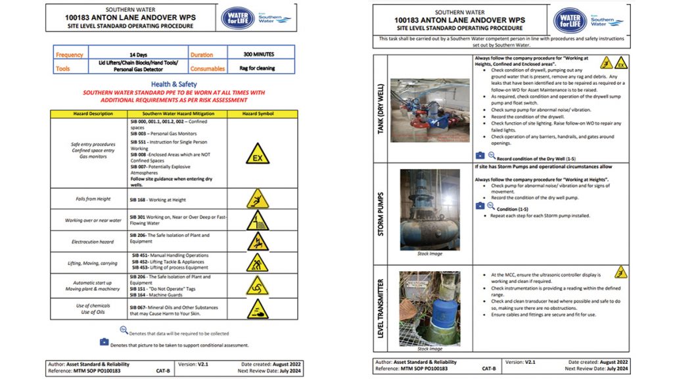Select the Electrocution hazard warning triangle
click(x=257, y=241)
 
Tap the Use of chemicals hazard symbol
click(x=257, y=308)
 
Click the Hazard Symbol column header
click(x=257, y=114)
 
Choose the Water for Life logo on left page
click(x=239, y=18)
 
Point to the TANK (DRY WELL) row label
click(x=381, y=109)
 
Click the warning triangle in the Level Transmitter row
click(x=620, y=272)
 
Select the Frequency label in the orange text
click(x=70, y=55)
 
